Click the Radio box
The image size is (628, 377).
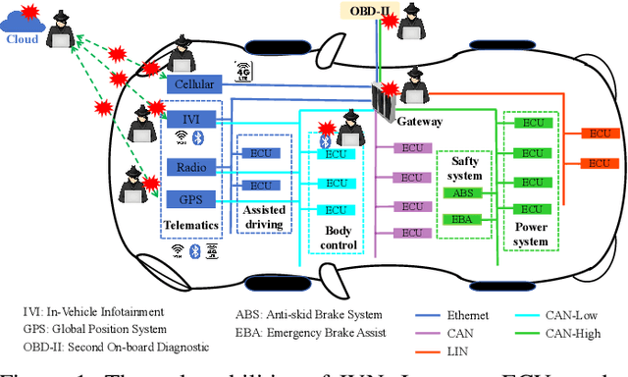pos(190,167)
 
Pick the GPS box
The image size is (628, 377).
pos(190,199)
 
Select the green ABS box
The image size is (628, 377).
pos(463,192)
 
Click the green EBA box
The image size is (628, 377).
pos(463,219)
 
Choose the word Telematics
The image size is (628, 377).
pos(190,225)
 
